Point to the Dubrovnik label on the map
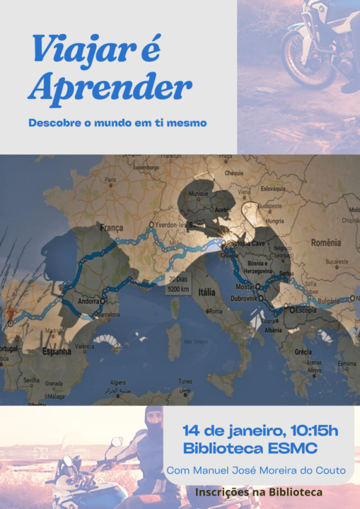click(243, 298)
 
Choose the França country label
click(111, 228)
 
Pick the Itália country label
click(207, 291)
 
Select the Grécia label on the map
click(303, 351)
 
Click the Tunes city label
click(185, 382)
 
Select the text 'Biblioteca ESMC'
click(250, 448)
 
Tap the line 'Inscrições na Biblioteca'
click(259, 491)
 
